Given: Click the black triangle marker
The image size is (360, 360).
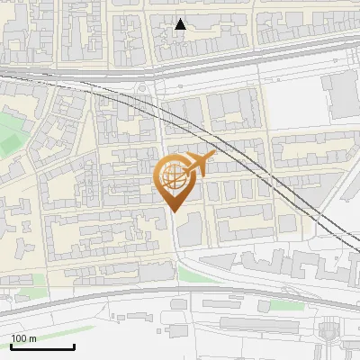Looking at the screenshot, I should pyautogui.click(x=181, y=24).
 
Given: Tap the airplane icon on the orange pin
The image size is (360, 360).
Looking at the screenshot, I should pyautogui.click(x=200, y=165).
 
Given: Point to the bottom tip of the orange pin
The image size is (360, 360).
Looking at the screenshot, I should pyautogui.click(x=175, y=212).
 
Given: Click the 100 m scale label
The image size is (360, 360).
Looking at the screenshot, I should pyautogui.click(x=24, y=338).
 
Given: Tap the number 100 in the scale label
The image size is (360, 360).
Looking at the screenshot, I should pyautogui.click(x=19, y=338).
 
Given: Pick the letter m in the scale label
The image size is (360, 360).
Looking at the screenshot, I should pyautogui.click(x=33, y=338).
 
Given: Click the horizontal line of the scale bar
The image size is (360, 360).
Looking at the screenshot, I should pyautogui.click(x=42, y=347).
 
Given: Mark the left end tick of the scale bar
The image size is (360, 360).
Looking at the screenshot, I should pyautogui.click(x=11, y=346).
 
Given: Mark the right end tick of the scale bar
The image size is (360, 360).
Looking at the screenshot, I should pyautogui.click(x=74, y=346).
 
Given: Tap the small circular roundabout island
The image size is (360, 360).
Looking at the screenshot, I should pyautogui.click(x=145, y=87).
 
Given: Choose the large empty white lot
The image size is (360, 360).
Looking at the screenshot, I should pyautogui.click(x=292, y=99).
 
